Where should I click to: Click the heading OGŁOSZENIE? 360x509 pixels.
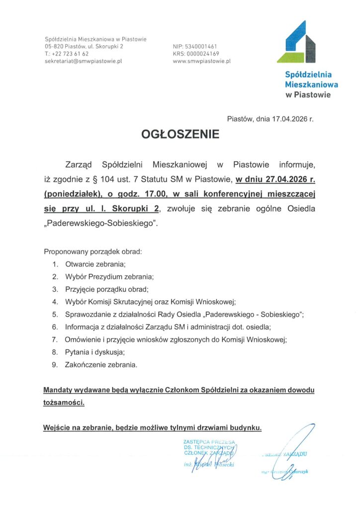coord(180,134)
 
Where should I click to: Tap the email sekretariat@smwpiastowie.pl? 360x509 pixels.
coord(84,61)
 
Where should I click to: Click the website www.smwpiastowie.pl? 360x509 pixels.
coord(201,61)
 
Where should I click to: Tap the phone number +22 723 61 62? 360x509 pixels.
coord(70,54)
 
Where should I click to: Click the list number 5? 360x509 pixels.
coord(55,314)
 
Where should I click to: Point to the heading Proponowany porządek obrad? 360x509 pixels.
coord(93,251)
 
